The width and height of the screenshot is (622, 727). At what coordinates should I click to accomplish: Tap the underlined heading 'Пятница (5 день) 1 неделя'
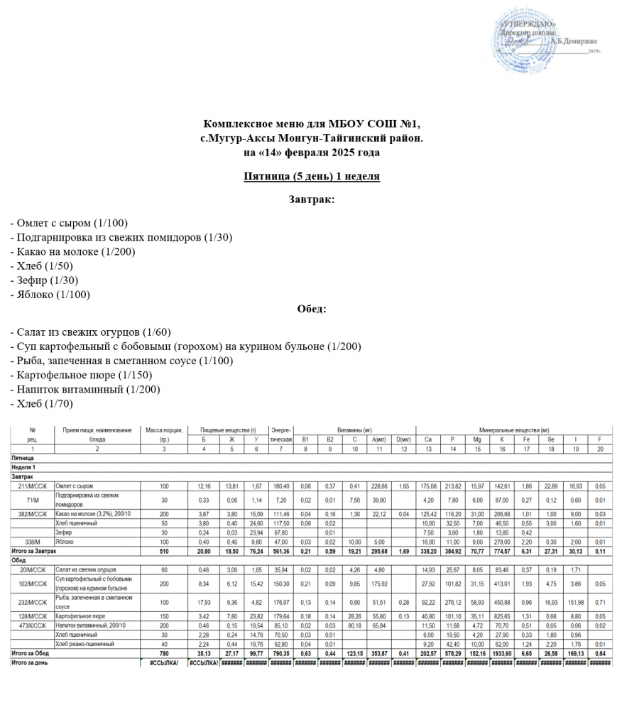311,175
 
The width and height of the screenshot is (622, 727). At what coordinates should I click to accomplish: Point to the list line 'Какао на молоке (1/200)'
73,251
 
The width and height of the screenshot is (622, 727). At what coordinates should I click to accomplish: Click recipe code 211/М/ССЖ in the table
33,486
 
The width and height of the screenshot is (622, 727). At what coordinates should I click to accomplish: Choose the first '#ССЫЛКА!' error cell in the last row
164,662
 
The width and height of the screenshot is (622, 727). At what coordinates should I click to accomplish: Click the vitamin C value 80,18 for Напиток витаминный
354,625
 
